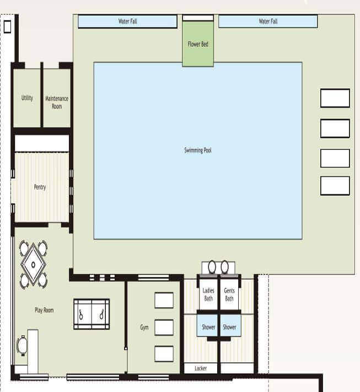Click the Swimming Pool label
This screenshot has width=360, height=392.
198,151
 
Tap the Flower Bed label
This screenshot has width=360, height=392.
198,44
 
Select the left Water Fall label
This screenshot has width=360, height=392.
127,22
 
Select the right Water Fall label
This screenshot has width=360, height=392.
268,22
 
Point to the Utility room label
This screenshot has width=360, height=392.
27,98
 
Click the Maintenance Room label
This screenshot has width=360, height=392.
57,103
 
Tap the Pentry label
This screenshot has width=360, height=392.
40,187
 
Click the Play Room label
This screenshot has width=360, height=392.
44,310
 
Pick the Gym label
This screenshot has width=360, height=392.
144,327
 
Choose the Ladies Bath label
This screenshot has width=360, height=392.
208,294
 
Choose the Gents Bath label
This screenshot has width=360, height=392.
229,294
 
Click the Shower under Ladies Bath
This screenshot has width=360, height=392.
208,327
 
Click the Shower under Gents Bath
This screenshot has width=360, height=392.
229,327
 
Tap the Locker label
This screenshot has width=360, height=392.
201,368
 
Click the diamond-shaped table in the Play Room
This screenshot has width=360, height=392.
33,265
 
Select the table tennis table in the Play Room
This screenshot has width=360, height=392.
92,314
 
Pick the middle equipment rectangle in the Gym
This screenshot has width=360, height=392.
164,327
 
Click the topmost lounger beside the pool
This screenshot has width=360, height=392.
335,98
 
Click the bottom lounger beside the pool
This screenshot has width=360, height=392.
335,185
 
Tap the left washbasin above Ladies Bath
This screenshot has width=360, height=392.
212,267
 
